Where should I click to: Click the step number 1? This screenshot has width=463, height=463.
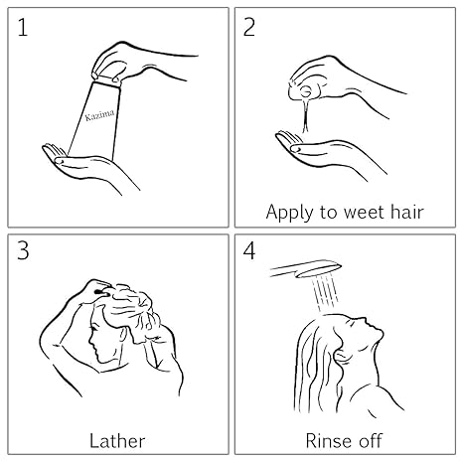23,27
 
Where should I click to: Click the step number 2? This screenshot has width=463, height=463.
249,27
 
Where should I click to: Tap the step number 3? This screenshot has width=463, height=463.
23,250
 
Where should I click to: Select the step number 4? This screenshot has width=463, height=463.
249,250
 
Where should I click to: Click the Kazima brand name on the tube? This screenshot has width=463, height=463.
99,115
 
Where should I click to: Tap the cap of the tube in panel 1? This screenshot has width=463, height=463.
106,80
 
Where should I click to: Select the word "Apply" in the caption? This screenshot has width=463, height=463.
289,213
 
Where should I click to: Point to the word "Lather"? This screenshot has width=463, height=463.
117,441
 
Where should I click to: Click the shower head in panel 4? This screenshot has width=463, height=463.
305,269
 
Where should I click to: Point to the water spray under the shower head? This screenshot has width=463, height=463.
325,294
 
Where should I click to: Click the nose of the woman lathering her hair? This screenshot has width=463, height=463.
90,341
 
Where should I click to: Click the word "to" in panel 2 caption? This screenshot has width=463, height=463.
323,213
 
